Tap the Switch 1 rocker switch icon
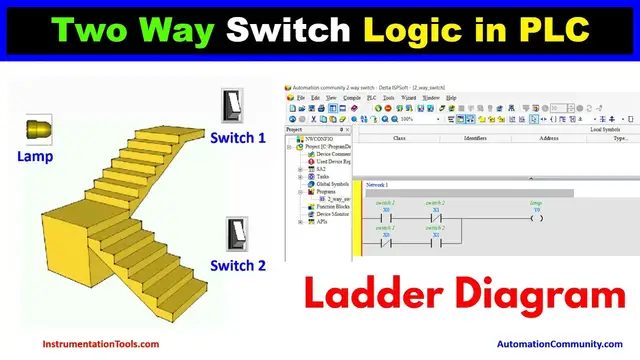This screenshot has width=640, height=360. pyautogui.click(x=232, y=106)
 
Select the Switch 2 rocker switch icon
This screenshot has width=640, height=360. pyautogui.click(x=236, y=234)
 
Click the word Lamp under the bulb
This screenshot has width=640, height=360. pyautogui.click(x=34, y=156)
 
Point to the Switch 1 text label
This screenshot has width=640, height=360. pyautogui.click(x=239, y=138)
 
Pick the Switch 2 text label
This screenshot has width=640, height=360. pyautogui.click(x=238, y=265)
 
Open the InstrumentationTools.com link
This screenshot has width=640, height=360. pyautogui.click(x=100, y=344)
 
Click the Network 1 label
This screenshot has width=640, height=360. pyautogui.click(x=378, y=185)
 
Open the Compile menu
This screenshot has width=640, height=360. pyautogui.click(x=352, y=97)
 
